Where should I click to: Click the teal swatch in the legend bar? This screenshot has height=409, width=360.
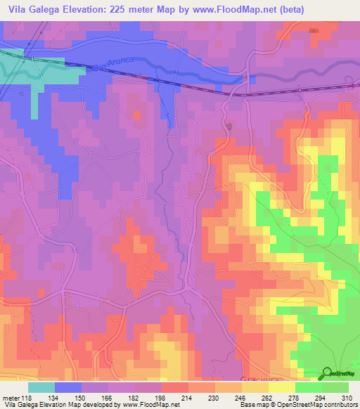[x=41, y=387]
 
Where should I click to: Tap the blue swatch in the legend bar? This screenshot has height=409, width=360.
[x=68, y=387]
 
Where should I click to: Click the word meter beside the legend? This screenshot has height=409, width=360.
[x=10, y=398]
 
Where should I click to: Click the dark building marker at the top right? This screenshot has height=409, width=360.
[x=313, y=30]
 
